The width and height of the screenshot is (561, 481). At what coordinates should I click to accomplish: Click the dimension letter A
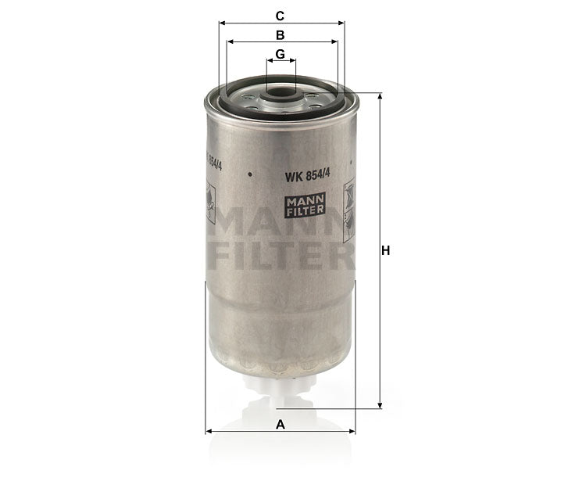point(280,423)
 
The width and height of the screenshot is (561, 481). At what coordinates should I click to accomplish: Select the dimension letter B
point(280,34)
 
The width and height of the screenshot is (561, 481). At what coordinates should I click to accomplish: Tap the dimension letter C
point(280,15)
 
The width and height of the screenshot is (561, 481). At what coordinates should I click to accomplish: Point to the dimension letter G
point(280,54)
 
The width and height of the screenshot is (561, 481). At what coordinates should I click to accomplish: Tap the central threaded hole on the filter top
point(280,98)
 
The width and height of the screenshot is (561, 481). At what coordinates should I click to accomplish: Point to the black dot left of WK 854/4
point(249,174)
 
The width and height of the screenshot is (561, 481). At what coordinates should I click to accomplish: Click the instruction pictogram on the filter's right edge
point(348,202)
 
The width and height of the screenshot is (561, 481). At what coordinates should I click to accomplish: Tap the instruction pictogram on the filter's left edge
point(210,202)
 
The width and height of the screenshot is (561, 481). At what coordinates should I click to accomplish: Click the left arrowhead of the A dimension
point(209,431)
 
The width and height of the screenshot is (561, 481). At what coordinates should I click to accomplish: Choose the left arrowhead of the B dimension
point(229,42)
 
